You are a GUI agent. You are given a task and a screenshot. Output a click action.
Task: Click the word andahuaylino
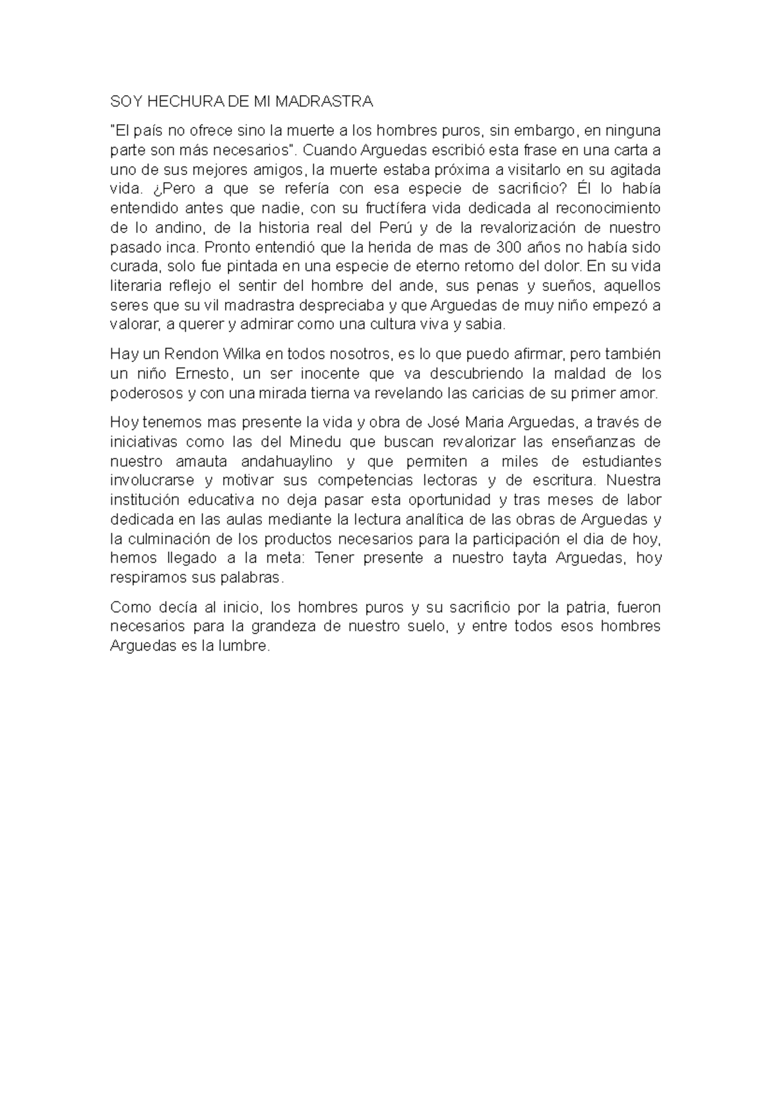pyautogui.click(x=286, y=462)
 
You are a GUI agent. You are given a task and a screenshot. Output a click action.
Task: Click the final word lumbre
pyautogui.click(x=245, y=646)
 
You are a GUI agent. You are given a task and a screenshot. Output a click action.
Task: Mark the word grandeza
pyautogui.click(x=283, y=627)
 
